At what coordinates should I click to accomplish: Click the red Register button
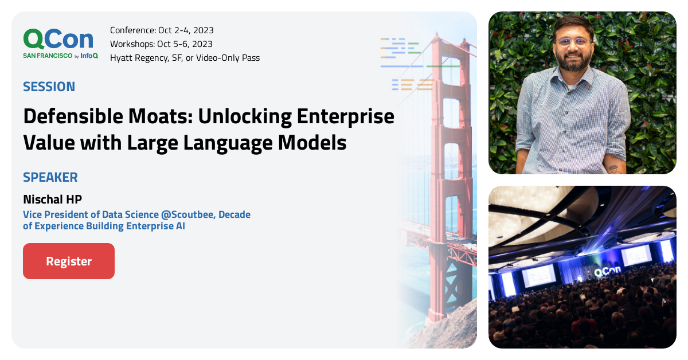[69, 261]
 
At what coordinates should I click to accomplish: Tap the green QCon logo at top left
[58, 38]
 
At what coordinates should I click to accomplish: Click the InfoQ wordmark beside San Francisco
[89, 56]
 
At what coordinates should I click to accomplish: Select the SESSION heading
[49, 87]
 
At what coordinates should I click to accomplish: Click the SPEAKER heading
[50, 177]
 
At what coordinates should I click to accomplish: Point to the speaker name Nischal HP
[53, 199]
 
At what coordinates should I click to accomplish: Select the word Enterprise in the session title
[345, 117]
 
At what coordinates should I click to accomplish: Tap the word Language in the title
[225, 142]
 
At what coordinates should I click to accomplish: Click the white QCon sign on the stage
[607, 273]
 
